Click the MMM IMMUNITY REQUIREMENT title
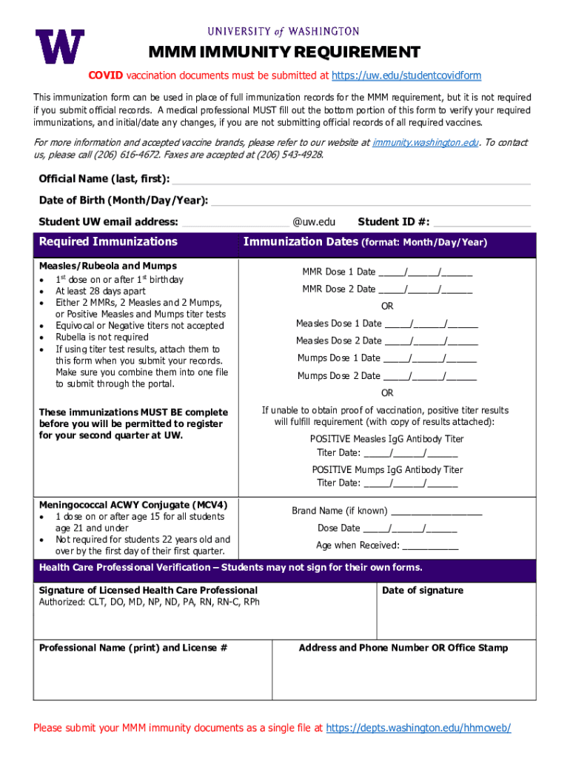point(284,53)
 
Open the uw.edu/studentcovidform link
point(406,76)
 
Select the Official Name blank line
point(351,180)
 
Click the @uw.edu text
point(314,222)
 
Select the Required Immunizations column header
point(108,242)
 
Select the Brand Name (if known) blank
point(436,511)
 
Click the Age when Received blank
point(430,546)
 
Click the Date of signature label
point(423,591)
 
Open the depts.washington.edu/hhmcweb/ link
point(418,728)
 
